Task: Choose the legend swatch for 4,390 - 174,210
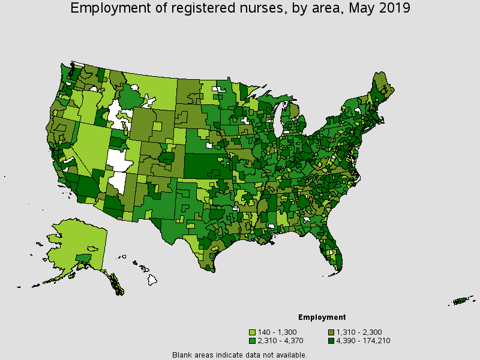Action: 331,341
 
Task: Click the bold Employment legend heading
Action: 322,317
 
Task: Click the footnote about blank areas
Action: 239,355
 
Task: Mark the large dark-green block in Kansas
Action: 204,165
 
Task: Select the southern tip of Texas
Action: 209,267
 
